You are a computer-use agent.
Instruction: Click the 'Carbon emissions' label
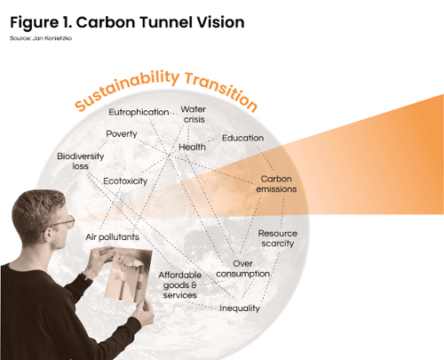(276, 184)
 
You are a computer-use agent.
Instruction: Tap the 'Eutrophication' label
(139, 112)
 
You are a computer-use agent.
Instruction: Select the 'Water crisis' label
(194, 115)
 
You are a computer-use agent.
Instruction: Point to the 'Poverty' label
(122, 134)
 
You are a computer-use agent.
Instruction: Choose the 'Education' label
(243, 138)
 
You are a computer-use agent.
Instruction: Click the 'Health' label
(192, 147)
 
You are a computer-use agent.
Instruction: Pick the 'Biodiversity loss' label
(81, 161)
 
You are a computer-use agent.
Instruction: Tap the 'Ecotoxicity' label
(125, 181)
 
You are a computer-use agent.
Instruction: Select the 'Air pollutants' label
(112, 237)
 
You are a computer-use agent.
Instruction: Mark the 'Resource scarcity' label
(278, 238)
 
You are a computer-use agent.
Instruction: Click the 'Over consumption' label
(243, 268)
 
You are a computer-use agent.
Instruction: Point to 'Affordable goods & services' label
(179, 285)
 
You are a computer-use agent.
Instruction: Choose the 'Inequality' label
(240, 308)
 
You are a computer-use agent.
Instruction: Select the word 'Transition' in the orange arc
(221, 91)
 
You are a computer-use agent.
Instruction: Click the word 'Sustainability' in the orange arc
(127, 89)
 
